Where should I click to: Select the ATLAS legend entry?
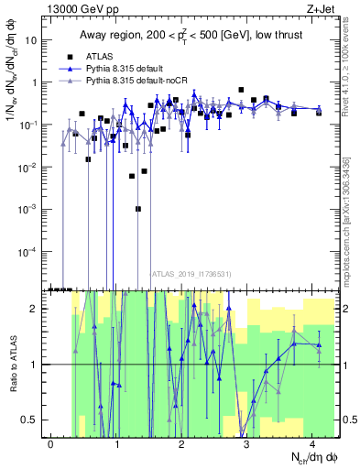[109, 55]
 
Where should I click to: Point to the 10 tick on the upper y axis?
[34, 40]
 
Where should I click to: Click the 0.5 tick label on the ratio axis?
[32, 420]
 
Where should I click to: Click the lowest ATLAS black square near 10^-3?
[137, 209]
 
